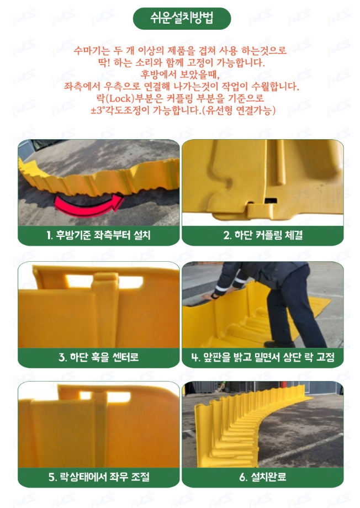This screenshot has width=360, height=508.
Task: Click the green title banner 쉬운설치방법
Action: tap(182, 18)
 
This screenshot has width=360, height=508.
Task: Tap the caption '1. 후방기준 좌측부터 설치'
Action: tap(98, 235)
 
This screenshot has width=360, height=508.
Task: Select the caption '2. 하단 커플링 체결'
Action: tap(263, 235)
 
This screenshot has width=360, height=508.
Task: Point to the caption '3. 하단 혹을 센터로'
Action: tap(98, 357)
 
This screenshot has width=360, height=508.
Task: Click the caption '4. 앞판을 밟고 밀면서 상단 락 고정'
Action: tap(263, 357)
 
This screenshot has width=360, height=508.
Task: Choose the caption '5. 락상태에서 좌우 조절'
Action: tap(98, 477)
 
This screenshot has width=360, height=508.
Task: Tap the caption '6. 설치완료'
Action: tap(263, 477)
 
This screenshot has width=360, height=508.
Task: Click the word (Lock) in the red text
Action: tap(120, 98)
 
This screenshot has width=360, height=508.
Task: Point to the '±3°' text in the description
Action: tap(98, 110)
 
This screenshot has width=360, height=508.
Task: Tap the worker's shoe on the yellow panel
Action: tap(279, 344)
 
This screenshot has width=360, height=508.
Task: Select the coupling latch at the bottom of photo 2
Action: tap(260, 210)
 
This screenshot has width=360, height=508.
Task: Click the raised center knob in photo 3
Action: tap(105, 281)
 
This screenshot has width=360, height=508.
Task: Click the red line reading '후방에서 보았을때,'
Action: tap(180, 75)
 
